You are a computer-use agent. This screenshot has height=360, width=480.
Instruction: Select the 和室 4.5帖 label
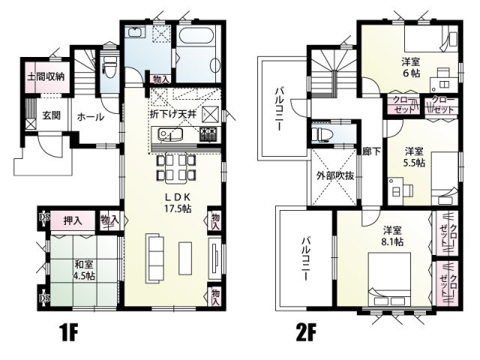84,269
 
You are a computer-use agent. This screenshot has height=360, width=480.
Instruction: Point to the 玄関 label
52,115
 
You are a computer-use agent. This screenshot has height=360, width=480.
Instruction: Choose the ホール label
90,117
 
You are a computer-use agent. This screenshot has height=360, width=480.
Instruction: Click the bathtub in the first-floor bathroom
197,46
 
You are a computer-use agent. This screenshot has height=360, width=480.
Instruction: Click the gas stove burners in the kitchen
208,135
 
